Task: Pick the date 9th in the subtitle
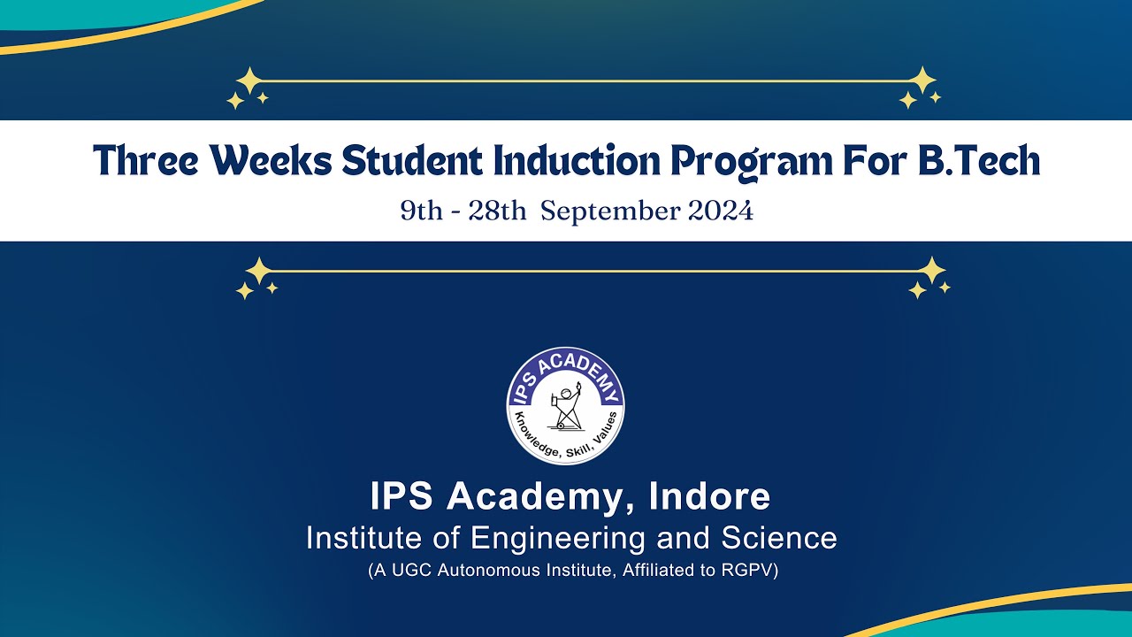(420, 211)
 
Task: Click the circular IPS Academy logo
(566, 406)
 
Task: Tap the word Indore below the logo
(710, 496)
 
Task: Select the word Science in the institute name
(779, 538)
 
